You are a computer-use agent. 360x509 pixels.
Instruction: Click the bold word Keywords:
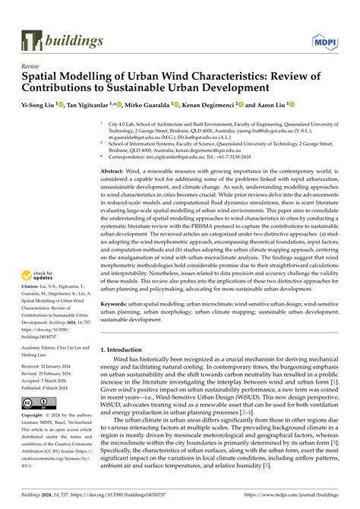118,303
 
